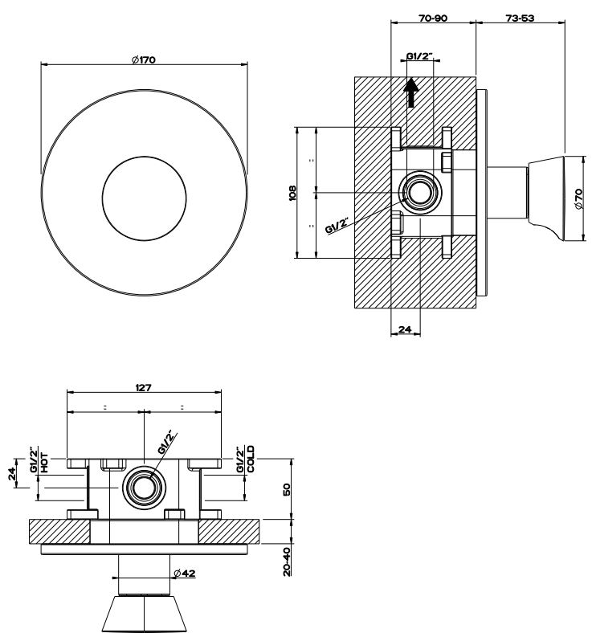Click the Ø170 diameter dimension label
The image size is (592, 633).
pyautogui.click(x=144, y=59)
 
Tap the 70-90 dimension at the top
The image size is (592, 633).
pyautogui.click(x=433, y=18)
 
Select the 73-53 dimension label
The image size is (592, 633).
pyautogui.click(x=521, y=18)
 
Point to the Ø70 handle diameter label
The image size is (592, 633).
pyautogui.click(x=578, y=199)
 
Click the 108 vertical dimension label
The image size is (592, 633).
pyautogui.click(x=292, y=193)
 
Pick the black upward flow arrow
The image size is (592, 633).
pyautogui.click(x=410, y=92)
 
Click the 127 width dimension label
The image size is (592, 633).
pyautogui.click(x=143, y=388)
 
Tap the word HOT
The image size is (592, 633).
pyautogui.click(x=44, y=463)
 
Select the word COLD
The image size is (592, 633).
pyautogui.click(x=251, y=459)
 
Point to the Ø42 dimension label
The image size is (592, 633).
pyautogui.click(x=185, y=573)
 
